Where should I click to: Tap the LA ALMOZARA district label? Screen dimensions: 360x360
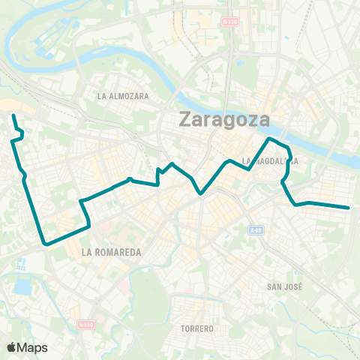pyautogui.click(x=124, y=96)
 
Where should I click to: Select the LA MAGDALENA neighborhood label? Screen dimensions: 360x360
pyautogui.click(x=271, y=160)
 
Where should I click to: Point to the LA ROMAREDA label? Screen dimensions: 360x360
pyautogui.click(x=112, y=253)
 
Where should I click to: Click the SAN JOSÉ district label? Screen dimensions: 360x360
pyautogui.click(x=284, y=286)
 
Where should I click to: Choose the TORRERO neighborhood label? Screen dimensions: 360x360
pyautogui.click(x=198, y=328)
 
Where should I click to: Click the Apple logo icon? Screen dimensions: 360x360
pyautogui.click(x=11, y=347)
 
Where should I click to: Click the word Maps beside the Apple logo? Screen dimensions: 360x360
pyautogui.click(x=33, y=347)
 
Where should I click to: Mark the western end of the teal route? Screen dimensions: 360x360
pyautogui.click(x=13, y=115)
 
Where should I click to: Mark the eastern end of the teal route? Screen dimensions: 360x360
pyautogui.click(x=349, y=208)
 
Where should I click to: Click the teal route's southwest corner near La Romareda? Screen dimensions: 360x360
pyautogui.click(x=46, y=244)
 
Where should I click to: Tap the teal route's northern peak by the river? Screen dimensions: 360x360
pyautogui.click(x=270, y=139)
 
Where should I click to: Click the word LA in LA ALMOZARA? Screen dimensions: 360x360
pyautogui.click(x=103, y=96)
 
